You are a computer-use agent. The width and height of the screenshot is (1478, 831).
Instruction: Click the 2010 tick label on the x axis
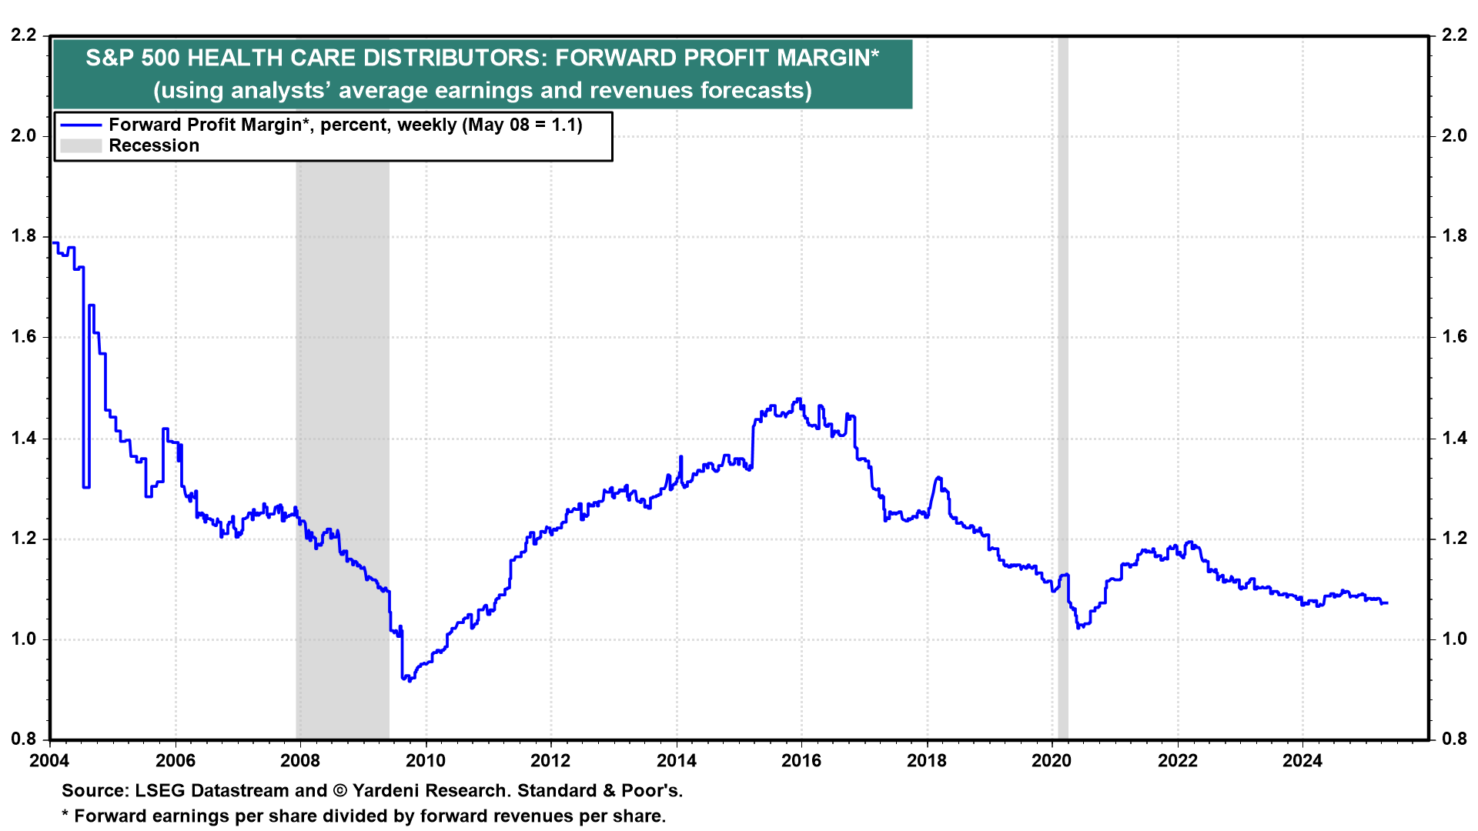tap(426, 761)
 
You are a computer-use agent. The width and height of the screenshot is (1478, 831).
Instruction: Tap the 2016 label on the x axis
tap(801, 761)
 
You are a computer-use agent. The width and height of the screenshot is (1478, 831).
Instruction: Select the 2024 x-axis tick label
tap(1302, 761)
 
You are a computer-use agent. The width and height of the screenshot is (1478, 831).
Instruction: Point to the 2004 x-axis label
tap(49, 761)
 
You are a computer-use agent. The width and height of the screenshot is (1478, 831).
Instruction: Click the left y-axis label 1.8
tap(24, 236)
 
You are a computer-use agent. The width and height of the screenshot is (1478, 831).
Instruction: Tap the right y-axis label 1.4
tap(1454, 438)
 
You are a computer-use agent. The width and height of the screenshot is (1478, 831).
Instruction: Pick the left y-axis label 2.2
tap(24, 35)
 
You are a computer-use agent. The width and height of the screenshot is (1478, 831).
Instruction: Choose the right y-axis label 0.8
tap(1454, 739)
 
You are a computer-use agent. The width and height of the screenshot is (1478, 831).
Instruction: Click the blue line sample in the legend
tap(81, 125)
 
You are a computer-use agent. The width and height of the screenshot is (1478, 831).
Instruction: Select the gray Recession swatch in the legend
tap(81, 146)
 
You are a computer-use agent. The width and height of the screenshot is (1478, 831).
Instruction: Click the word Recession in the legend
tap(154, 146)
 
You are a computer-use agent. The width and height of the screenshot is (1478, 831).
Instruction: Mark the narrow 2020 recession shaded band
tap(1063, 385)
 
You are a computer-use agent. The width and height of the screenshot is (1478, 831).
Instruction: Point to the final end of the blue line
tap(1387, 602)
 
